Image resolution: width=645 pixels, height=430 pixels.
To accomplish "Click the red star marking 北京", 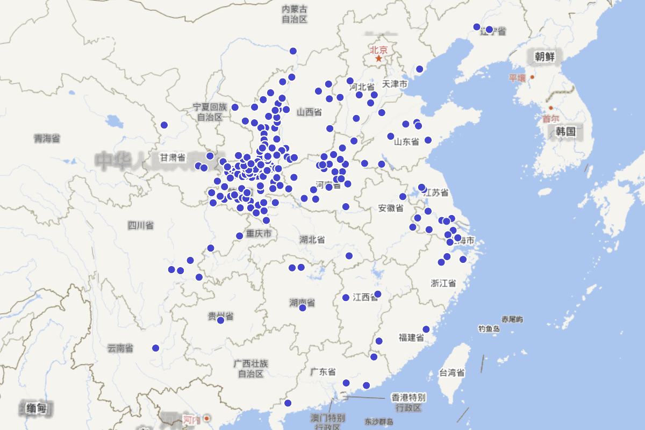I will pyautogui.click(x=378, y=59).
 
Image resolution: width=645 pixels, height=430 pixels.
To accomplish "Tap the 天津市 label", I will pyautogui.click(x=395, y=84).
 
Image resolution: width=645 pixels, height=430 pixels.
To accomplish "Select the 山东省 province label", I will pyautogui.click(x=406, y=142).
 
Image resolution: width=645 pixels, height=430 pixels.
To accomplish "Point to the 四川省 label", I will pyautogui.click(x=141, y=225).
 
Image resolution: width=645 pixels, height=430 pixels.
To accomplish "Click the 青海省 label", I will pyautogui.click(x=47, y=139).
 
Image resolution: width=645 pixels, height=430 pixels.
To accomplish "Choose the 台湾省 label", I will pyautogui.click(x=452, y=372).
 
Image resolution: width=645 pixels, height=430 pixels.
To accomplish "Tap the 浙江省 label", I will pyautogui.click(x=443, y=283).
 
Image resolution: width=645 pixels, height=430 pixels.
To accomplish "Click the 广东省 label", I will pyautogui.click(x=323, y=371).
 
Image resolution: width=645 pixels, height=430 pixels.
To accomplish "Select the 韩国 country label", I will pyautogui.click(x=566, y=131).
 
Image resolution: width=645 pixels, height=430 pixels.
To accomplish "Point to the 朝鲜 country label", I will pyautogui.click(x=544, y=56).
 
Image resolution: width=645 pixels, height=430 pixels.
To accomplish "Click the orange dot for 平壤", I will pyautogui.click(x=532, y=77).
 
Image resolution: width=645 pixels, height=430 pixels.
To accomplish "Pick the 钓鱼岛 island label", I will pyautogui.click(x=489, y=328).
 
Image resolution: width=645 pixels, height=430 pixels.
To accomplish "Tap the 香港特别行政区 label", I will pyautogui.click(x=408, y=403).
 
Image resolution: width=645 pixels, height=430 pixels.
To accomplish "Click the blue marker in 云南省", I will pyautogui.click(x=156, y=348).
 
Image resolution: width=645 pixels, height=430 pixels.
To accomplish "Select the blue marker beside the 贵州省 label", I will pyautogui.click(x=220, y=320).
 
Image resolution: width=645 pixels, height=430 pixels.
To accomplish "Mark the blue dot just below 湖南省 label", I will pyautogui.click(x=303, y=308).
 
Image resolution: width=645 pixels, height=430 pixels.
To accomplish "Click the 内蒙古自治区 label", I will pyautogui.click(x=295, y=14).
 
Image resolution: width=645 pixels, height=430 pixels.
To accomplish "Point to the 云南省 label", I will pyautogui.click(x=120, y=348).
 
